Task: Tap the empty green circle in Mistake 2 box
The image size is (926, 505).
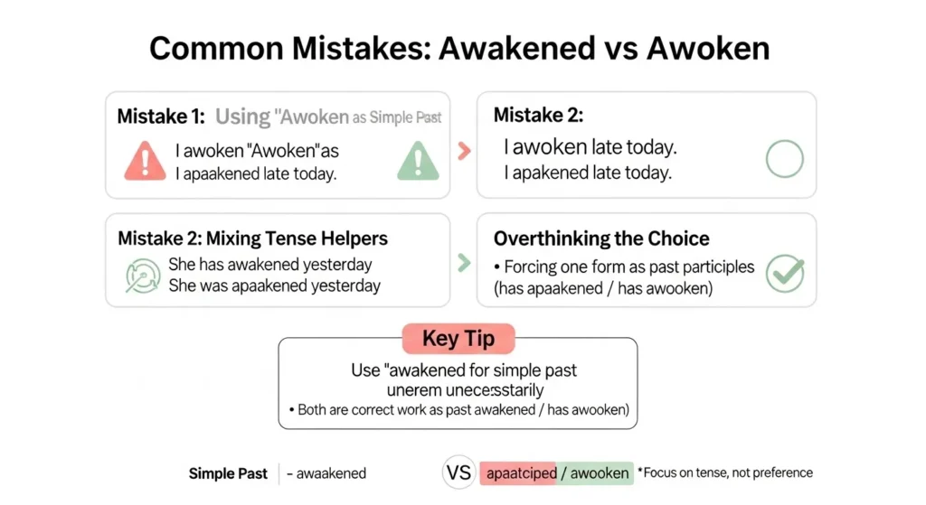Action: pyautogui.click(x=784, y=160)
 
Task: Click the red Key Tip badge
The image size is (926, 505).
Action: pyautogui.click(x=458, y=339)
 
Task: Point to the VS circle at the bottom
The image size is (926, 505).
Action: pyautogui.click(x=459, y=472)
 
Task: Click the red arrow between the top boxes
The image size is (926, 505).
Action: pyautogui.click(x=464, y=151)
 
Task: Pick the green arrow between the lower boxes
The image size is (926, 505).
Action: pyautogui.click(x=464, y=263)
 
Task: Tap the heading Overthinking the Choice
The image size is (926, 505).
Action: pyautogui.click(x=601, y=239)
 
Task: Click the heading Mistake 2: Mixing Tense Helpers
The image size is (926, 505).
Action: pyautogui.click(x=252, y=239)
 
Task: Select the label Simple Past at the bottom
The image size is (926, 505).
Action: pyautogui.click(x=227, y=473)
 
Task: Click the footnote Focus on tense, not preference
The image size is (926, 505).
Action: pyautogui.click(x=725, y=472)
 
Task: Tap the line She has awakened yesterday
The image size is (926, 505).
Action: pyautogui.click(x=269, y=266)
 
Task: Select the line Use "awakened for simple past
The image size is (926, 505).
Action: pyautogui.click(x=464, y=370)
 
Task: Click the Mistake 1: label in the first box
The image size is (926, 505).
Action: pyautogui.click(x=163, y=117)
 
